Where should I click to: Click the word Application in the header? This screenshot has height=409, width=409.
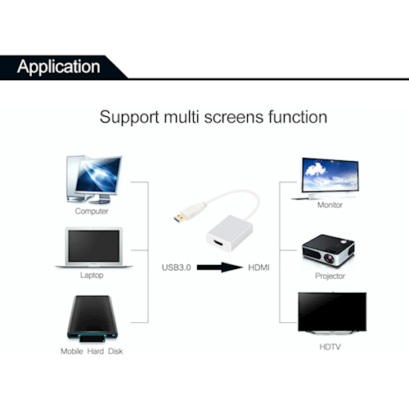pos(59,67)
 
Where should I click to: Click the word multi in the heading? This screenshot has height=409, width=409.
pos(181,117)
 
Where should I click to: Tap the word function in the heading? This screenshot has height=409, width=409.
pos(298,117)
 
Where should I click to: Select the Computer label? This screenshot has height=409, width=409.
pos(92,211)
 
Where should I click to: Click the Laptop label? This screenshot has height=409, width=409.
pos(92,275)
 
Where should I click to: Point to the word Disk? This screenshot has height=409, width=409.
pos(115,351)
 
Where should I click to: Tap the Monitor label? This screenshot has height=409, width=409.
pos(330,204)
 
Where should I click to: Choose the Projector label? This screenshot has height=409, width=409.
pos(330,276)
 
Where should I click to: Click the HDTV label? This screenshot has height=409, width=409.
pos(330,347)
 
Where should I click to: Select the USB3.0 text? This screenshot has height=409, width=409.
pos(176,267)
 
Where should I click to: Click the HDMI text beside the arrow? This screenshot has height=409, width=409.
pos(258,267)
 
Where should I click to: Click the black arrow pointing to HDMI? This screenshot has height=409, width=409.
pos(220,267)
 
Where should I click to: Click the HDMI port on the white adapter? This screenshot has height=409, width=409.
pos(218,243)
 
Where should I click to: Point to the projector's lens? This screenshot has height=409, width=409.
pos(330,258)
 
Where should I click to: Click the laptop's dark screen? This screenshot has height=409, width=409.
pos(94,246)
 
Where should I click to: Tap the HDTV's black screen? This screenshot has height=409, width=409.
pos(332,312)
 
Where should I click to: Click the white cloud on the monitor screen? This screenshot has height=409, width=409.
pos(315,169)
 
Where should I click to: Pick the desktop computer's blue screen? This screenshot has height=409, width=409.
pos(98,175)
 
